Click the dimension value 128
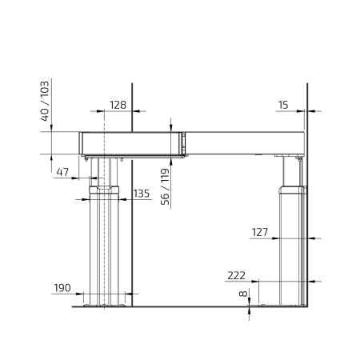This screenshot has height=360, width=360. tap(118, 105)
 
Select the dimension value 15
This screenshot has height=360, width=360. tap(283, 105)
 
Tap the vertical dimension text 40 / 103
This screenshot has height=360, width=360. tap(45, 102)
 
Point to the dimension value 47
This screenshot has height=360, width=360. tap(62, 172)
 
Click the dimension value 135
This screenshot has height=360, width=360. tap(142, 194)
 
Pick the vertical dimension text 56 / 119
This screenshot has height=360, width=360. tap(166, 186)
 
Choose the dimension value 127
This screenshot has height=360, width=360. tap(260, 232)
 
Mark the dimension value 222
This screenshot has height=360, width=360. tap(236, 275)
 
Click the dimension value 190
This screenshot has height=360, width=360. tap(62, 288)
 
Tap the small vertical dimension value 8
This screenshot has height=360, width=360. tap(243, 294)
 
